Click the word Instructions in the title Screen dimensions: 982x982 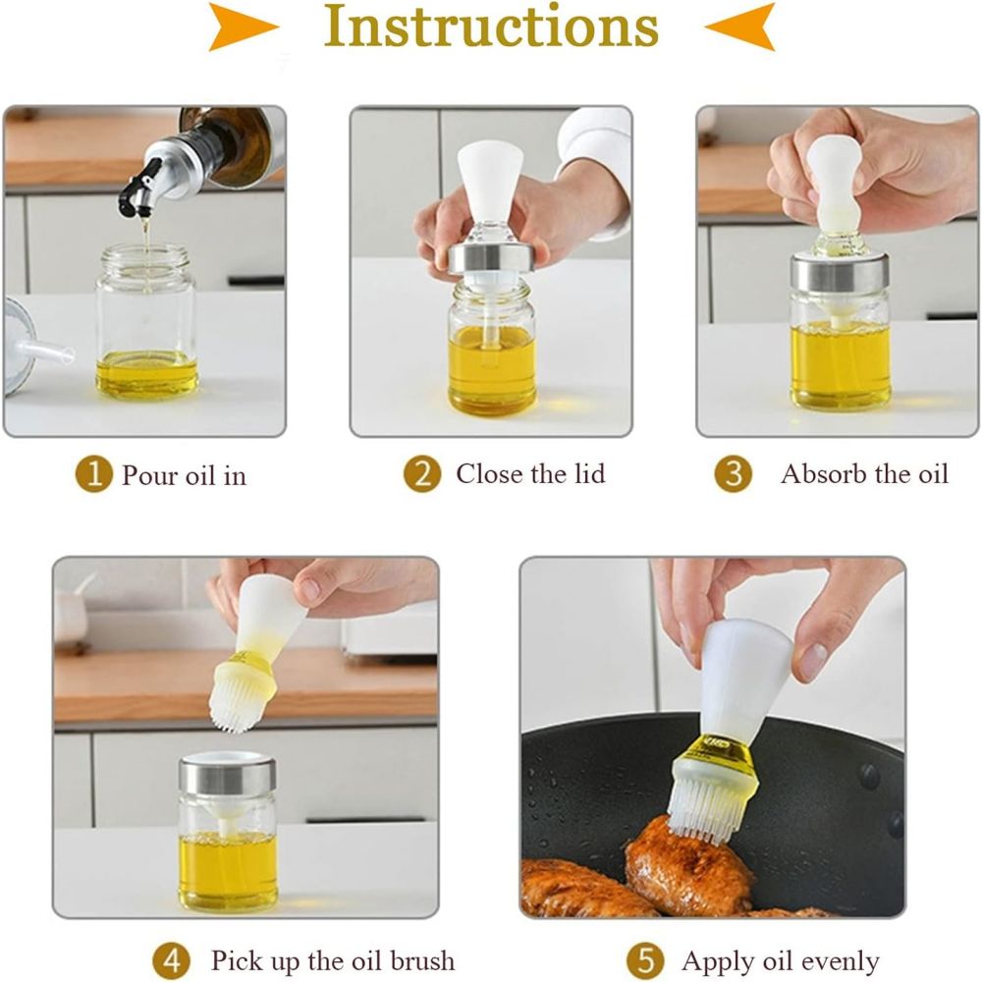(x=491, y=27)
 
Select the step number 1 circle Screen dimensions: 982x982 (x=94, y=475)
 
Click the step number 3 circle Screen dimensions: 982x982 (x=733, y=474)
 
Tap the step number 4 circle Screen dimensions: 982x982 (x=171, y=958)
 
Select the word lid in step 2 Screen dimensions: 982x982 (x=586, y=474)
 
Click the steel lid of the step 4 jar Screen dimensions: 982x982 (x=228, y=777)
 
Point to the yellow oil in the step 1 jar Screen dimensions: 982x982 (x=147, y=375)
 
